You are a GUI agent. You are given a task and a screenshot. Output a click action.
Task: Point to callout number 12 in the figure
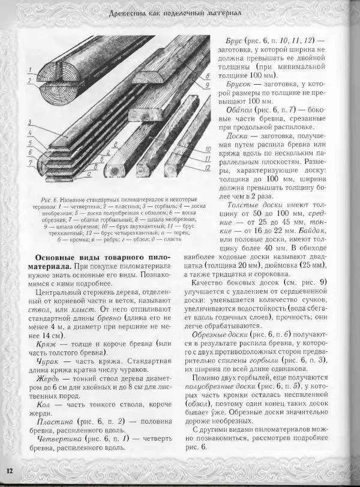[206, 168]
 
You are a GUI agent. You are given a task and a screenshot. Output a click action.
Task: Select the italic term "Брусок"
[232, 85]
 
